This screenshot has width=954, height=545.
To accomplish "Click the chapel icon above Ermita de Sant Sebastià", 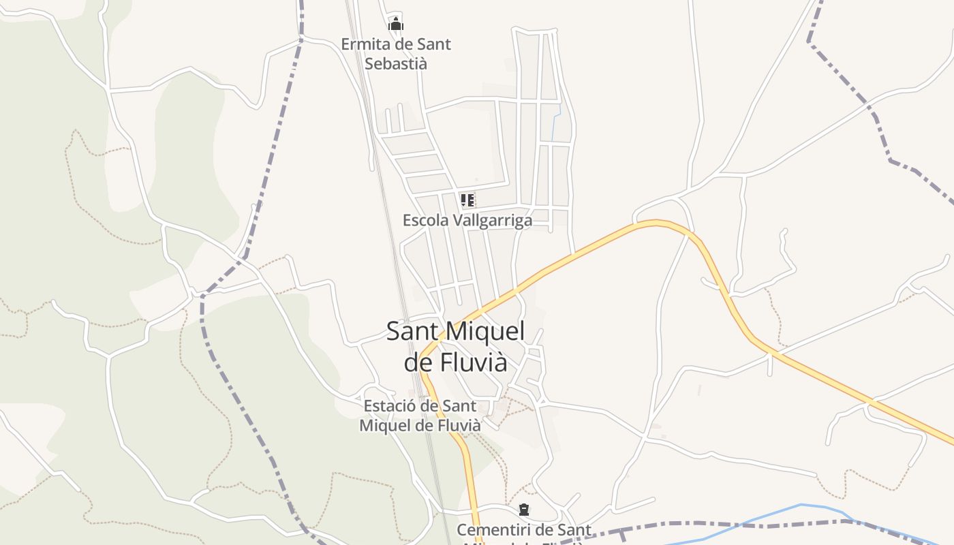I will tap(396, 24).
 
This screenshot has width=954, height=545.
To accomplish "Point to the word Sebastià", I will tap(396, 63).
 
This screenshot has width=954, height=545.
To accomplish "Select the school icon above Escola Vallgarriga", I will tap(467, 200).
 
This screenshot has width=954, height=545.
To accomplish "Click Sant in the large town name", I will tap(412, 332).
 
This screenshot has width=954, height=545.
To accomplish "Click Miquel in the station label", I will tap(386, 425).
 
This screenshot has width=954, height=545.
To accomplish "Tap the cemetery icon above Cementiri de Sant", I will tap(524, 510).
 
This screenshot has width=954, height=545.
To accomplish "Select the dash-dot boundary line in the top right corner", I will tap(845, 82).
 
